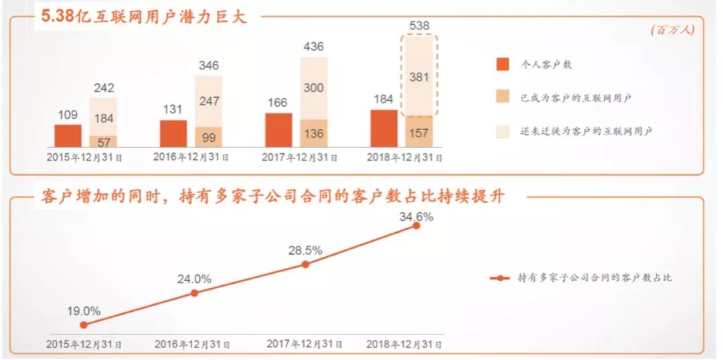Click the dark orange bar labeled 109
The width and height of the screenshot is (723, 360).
point(68,136)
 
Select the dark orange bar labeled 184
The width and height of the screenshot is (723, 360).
point(384,128)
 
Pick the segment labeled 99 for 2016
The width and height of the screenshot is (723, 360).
point(208,137)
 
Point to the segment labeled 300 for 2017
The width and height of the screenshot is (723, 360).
point(313,88)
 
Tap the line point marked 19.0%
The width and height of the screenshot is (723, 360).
point(84,325)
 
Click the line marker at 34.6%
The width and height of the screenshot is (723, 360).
point(416,226)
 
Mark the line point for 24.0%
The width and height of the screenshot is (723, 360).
point(194,292)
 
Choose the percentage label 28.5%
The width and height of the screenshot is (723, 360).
point(305,250)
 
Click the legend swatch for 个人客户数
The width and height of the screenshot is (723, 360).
point(503,65)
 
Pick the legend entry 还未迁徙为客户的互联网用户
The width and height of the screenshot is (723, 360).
point(586,131)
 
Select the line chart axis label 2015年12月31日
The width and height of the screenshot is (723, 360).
point(84,344)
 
